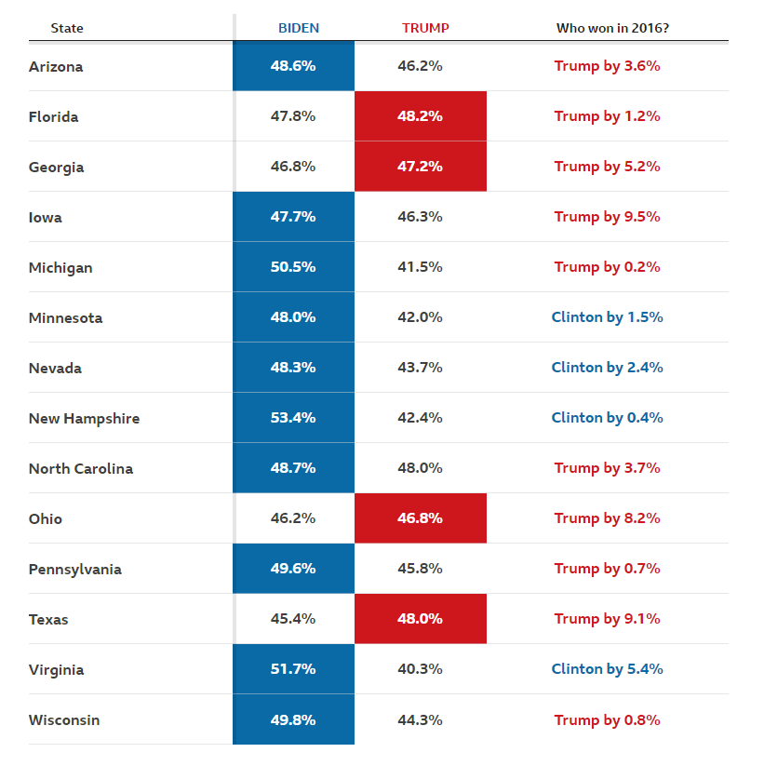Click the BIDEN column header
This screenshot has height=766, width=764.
[x=299, y=28]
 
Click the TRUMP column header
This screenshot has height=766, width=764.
[x=425, y=28]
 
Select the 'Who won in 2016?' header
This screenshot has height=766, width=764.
[x=612, y=28]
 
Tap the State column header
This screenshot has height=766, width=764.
[x=67, y=28]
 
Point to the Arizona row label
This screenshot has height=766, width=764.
[x=56, y=67]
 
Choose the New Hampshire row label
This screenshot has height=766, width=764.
[x=84, y=419]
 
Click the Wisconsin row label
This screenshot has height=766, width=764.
[x=64, y=720]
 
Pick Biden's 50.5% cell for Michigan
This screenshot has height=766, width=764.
[x=293, y=267]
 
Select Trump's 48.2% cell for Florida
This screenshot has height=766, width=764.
[x=420, y=116]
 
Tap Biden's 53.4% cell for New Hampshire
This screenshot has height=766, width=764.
[x=293, y=418]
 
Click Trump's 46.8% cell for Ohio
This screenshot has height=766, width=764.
[x=420, y=518]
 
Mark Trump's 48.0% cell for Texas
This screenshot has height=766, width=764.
[x=420, y=619]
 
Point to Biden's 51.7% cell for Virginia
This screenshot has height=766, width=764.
[x=293, y=669]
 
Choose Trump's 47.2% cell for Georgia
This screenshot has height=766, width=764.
[x=420, y=167]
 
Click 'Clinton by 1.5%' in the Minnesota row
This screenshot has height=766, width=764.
[x=607, y=317]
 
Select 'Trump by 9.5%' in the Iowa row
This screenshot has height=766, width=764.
[x=607, y=217]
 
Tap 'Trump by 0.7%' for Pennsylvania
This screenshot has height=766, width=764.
[x=607, y=569]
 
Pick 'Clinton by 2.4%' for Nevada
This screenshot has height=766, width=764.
[x=607, y=368]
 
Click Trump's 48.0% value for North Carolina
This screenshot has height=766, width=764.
[x=420, y=468]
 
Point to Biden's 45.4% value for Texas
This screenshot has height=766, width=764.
[x=293, y=619]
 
